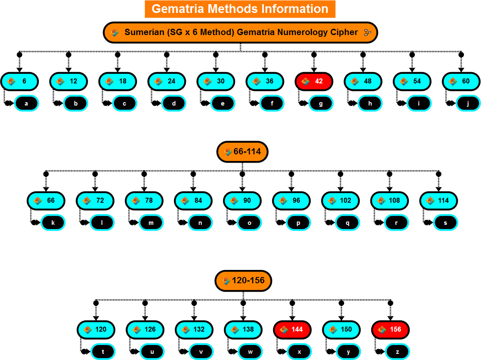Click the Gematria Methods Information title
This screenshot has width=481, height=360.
coord(240,9)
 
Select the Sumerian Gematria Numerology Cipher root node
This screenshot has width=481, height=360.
coord(240,33)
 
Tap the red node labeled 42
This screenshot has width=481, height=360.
coord(314,81)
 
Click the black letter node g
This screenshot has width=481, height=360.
coord(321,103)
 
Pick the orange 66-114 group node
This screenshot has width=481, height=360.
coord(242,152)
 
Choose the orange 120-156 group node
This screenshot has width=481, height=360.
coord(243,281)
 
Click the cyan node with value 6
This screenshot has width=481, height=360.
coord(20,81)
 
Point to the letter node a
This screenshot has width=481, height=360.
coord(26,103)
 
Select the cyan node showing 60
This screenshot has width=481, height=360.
coord(461,81)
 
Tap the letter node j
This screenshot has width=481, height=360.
coord(468,103)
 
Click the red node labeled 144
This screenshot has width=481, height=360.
coord(292,330)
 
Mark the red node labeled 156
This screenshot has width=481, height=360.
coord(390,330)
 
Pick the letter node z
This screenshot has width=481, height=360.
coord(397,352)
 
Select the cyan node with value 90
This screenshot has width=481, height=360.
coord(242,201)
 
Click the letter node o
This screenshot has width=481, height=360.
coord(249,223)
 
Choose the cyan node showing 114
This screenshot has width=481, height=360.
coord(438,201)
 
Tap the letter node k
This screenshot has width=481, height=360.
coord(53,223)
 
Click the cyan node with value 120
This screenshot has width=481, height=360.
coord(96,330)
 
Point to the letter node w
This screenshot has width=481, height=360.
coord(250,352)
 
